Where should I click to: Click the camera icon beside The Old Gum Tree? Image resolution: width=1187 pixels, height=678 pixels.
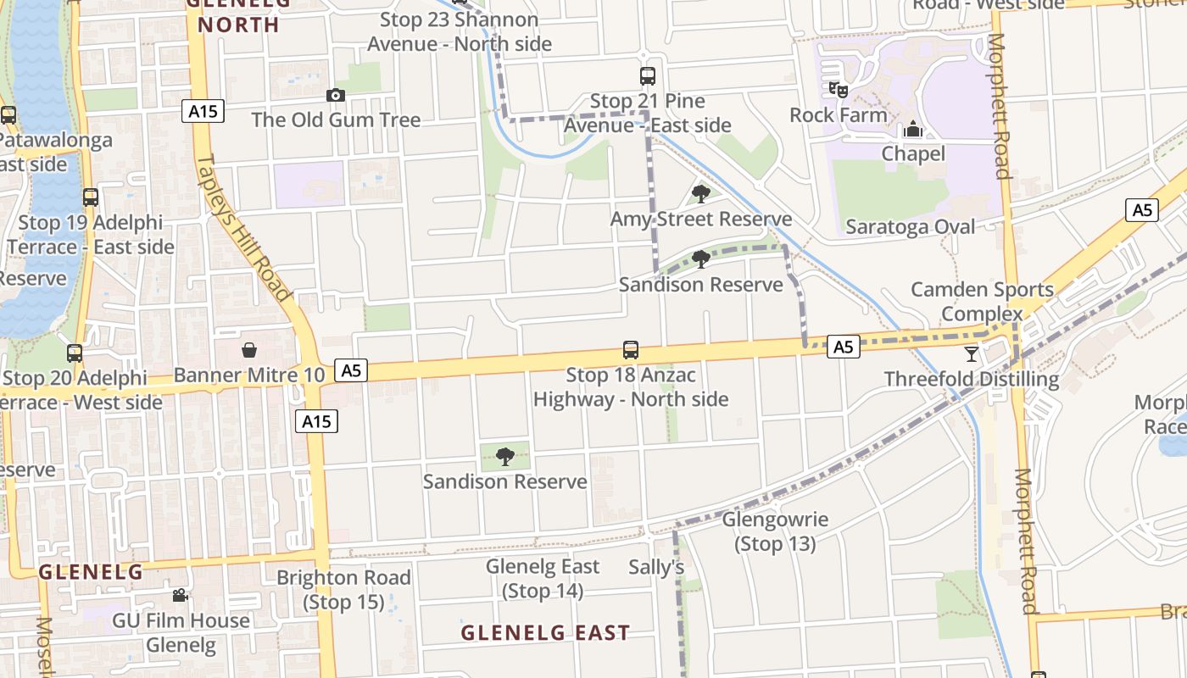point(336,96)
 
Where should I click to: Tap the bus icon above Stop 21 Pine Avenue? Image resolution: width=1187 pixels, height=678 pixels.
point(648,76)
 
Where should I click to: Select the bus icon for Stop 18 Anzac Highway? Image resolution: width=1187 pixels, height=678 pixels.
point(631,350)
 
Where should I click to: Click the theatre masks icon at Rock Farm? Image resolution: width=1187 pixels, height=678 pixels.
point(839,89)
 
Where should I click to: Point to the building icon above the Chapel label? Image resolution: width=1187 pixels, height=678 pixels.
point(913,130)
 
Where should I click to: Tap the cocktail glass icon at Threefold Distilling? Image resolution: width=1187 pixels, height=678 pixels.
point(972,354)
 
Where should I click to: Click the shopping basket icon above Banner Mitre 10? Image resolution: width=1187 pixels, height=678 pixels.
point(249,350)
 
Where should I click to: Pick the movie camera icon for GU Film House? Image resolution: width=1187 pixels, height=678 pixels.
point(181,596)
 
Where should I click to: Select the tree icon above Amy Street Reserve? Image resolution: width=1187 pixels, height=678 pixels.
point(700,194)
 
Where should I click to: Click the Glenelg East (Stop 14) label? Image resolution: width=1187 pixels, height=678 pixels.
point(543,578)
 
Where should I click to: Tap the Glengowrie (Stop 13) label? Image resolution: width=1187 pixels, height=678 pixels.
point(775,531)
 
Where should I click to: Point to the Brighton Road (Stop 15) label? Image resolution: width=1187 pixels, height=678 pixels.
point(344,590)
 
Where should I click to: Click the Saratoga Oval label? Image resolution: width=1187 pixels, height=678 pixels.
point(911,227)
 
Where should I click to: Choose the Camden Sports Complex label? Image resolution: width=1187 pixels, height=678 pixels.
point(982,301)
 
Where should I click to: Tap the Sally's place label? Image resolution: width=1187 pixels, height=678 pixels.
point(656,567)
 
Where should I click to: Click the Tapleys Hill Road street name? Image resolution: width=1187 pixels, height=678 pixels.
point(245,227)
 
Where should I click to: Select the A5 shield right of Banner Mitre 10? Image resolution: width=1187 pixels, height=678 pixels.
point(351,370)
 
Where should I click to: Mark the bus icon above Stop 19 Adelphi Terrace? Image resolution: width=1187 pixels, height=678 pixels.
point(91,197)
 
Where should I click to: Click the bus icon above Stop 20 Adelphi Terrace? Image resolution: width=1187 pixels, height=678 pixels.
point(75,353)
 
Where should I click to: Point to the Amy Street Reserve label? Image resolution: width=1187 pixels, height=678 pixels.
point(701,220)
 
